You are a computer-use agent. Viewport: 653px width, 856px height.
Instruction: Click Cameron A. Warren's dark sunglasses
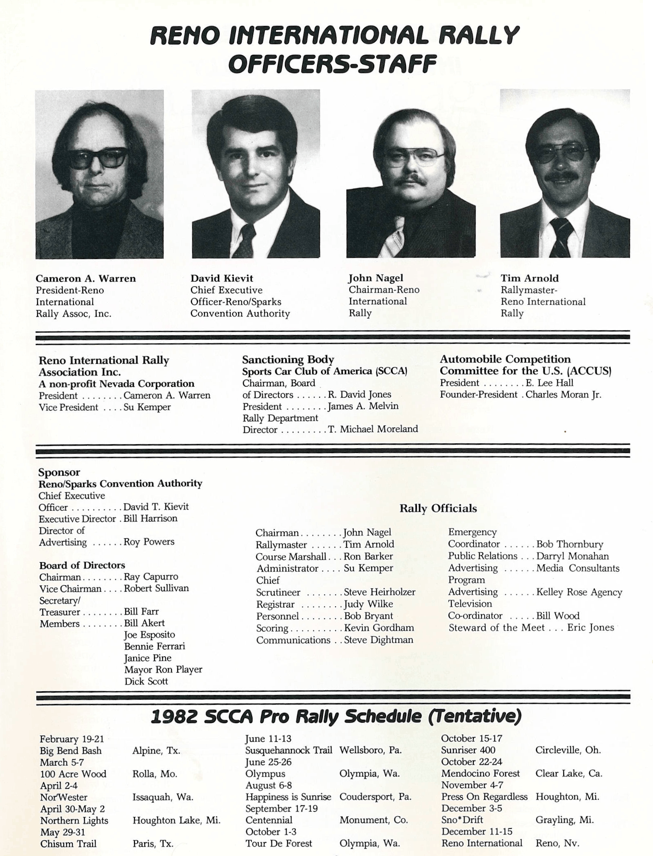click(98, 158)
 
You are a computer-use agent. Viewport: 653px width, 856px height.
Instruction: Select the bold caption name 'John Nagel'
click(376, 278)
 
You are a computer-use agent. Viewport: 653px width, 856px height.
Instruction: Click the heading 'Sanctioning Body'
click(288, 359)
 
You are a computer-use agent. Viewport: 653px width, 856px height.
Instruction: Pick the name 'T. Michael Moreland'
click(373, 429)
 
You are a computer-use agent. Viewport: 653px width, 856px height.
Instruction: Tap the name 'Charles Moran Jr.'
click(563, 394)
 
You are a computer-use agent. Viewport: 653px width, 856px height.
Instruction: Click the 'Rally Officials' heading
click(438, 508)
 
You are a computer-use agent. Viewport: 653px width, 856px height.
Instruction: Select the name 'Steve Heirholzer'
click(380, 592)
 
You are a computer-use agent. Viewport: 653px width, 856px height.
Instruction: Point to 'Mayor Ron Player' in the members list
click(163, 669)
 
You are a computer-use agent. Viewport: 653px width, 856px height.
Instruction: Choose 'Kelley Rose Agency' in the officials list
click(579, 592)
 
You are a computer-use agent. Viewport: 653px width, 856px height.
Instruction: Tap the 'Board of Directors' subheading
click(82, 565)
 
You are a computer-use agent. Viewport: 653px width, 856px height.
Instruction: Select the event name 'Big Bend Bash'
click(70, 751)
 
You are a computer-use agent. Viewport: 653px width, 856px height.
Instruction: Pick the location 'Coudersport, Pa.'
click(375, 797)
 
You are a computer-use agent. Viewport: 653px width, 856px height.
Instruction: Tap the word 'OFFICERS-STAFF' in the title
click(332, 64)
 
